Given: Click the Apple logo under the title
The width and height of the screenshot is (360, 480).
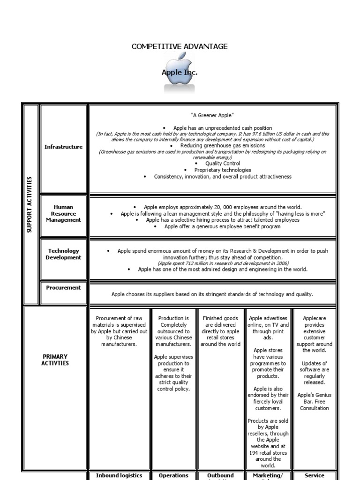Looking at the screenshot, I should coord(179,73).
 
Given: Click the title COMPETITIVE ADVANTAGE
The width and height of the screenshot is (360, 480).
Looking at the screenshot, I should coord(180,46).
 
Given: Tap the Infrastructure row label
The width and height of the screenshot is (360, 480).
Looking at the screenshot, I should coord(63,147).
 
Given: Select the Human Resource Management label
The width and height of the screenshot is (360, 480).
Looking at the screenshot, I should coord(63,213).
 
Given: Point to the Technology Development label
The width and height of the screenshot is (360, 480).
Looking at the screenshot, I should coord(63,254).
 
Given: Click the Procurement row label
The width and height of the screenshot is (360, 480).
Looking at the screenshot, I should coord(63,288).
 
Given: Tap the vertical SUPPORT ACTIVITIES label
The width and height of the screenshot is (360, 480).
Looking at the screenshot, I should coord(30,205).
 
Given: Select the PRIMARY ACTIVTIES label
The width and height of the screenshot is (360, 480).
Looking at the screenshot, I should coord(55,360).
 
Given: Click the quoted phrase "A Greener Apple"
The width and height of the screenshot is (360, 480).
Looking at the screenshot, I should coord(212,115).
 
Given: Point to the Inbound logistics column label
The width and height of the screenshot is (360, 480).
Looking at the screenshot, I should coord(119,475).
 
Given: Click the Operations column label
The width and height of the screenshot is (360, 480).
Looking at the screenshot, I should coord(173,475).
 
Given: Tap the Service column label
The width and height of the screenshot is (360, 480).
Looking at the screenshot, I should coord(314,475).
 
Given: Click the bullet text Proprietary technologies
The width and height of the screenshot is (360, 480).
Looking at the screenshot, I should coord(223,170).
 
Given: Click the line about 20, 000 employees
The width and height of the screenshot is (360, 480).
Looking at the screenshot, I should coord(223,207).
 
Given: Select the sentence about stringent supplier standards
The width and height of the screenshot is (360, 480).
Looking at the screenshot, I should coord(212,294).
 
